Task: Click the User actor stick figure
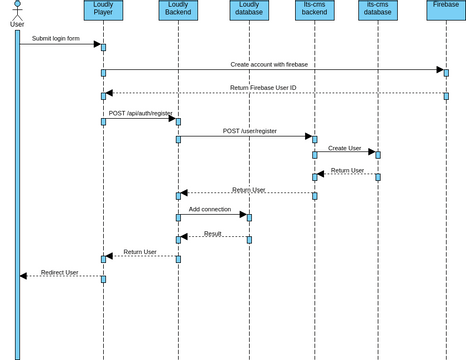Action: coord(17,11)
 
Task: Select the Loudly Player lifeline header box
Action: coord(103,10)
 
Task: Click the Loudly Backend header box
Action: coord(178,10)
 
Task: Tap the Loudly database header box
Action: coord(249,10)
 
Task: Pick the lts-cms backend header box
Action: coord(314,10)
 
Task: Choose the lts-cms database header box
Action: coord(378,10)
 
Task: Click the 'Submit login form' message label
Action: coord(55,39)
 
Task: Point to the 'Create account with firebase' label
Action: coord(269,64)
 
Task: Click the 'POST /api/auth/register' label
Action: coord(140,113)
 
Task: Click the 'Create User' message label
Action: coord(345,148)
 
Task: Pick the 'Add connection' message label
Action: coord(210,209)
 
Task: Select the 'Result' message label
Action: coord(213,233)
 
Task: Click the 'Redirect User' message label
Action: coord(60,272)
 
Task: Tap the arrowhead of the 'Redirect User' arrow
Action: coord(23,276)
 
